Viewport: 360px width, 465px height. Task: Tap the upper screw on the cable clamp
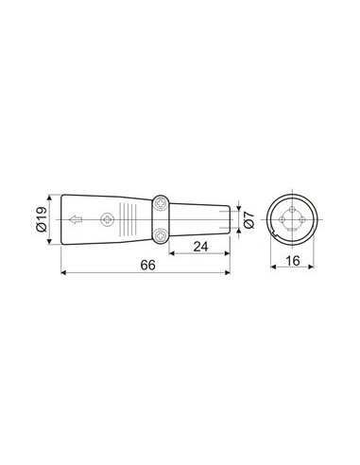162,204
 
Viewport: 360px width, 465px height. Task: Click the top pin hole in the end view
293,208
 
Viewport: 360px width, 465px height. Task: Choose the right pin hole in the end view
304,220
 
